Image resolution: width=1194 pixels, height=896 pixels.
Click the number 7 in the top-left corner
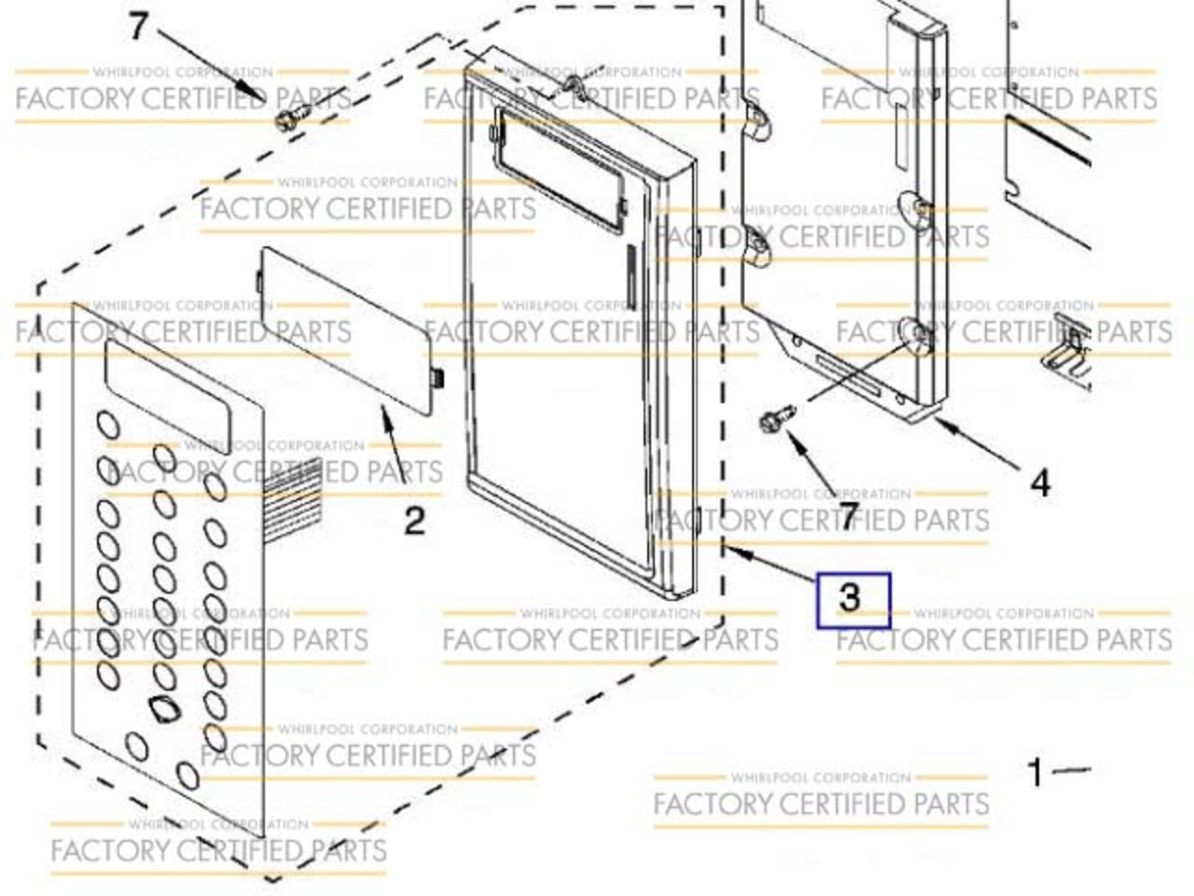click(139, 25)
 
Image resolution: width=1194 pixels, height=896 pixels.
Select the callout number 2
click(414, 520)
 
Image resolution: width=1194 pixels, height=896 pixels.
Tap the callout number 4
click(1040, 483)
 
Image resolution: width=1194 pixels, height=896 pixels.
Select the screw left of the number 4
click(778, 417)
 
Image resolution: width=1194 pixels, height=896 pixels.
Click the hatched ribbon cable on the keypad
click(292, 500)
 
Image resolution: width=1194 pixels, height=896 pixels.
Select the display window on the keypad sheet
click(168, 397)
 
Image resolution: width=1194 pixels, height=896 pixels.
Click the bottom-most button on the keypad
click(188, 776)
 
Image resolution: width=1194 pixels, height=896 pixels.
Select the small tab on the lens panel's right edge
click(437, 378)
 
